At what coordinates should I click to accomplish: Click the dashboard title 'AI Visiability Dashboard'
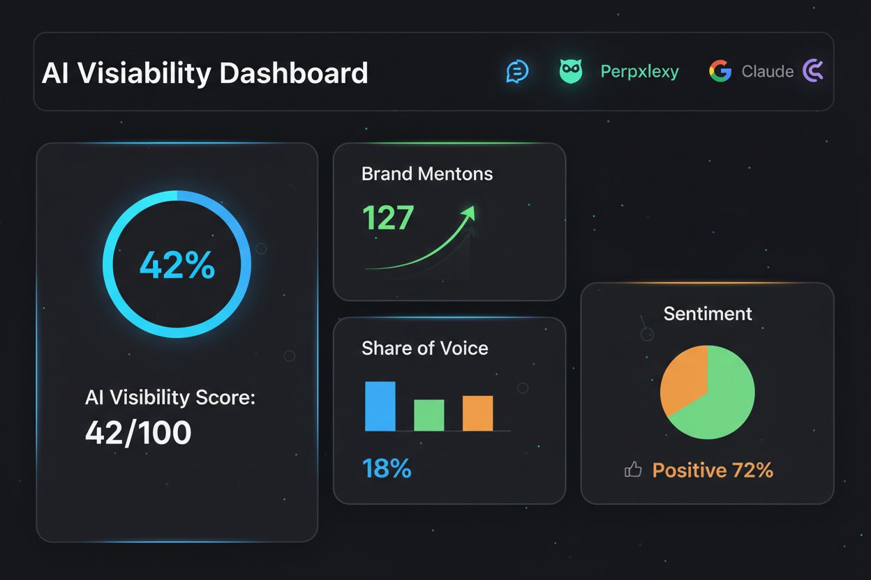point(204,72)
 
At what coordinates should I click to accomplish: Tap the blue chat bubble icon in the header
point(517,71)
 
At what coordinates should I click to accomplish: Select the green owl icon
point(571,71)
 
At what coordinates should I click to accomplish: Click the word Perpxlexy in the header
point(639,71)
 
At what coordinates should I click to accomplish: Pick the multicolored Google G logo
point(720,71)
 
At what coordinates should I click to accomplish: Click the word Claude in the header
point(767,71)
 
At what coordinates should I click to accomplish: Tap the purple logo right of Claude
point(813,71)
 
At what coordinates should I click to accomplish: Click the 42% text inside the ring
point(177,265)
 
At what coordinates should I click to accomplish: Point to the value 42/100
point(138,433)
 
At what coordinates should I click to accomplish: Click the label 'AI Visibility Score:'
point(170,397)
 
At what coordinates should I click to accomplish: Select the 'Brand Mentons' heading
point(427,174)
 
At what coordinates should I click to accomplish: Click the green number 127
point(388,217)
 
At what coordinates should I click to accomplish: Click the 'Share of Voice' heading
point(424,348)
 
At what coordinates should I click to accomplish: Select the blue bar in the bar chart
point(380,406)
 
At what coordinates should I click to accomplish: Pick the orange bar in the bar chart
point(477,413)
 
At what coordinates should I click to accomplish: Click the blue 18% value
point(387,468)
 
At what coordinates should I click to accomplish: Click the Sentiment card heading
point(707,314)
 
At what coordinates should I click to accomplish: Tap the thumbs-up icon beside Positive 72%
point(633,471)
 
